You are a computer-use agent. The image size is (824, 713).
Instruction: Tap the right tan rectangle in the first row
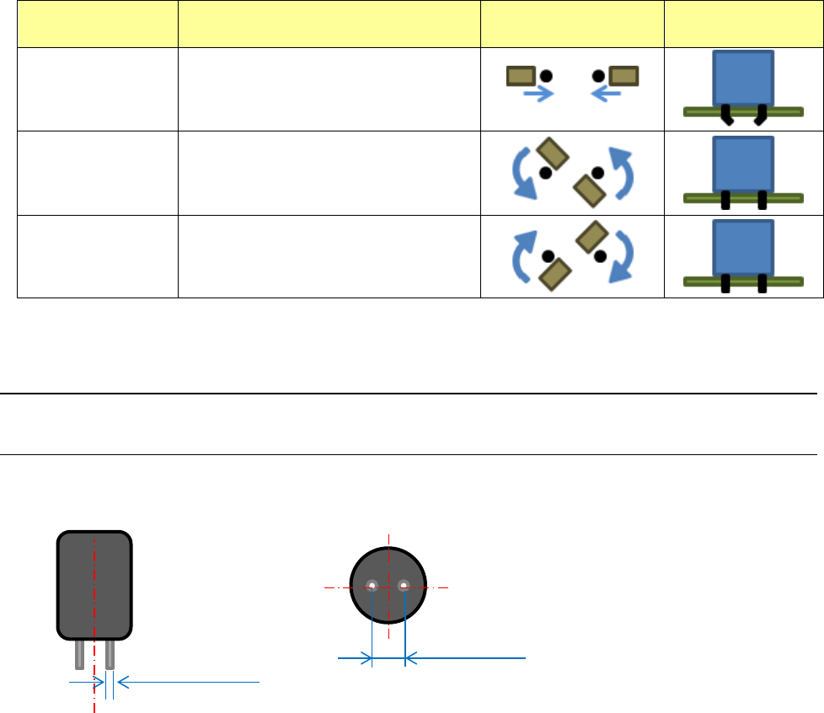pos(623,77)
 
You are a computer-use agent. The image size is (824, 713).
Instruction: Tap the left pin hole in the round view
pos(372,586)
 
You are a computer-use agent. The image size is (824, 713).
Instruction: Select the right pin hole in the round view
pos(404,586)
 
